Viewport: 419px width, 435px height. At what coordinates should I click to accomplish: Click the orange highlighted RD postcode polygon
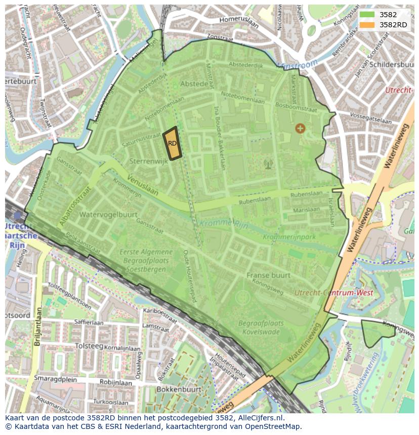point(172,144)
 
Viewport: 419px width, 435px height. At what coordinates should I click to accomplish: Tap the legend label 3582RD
point(393,24)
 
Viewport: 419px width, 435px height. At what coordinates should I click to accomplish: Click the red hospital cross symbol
point(300,128)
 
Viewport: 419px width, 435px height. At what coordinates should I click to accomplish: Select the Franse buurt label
point(268,275)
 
